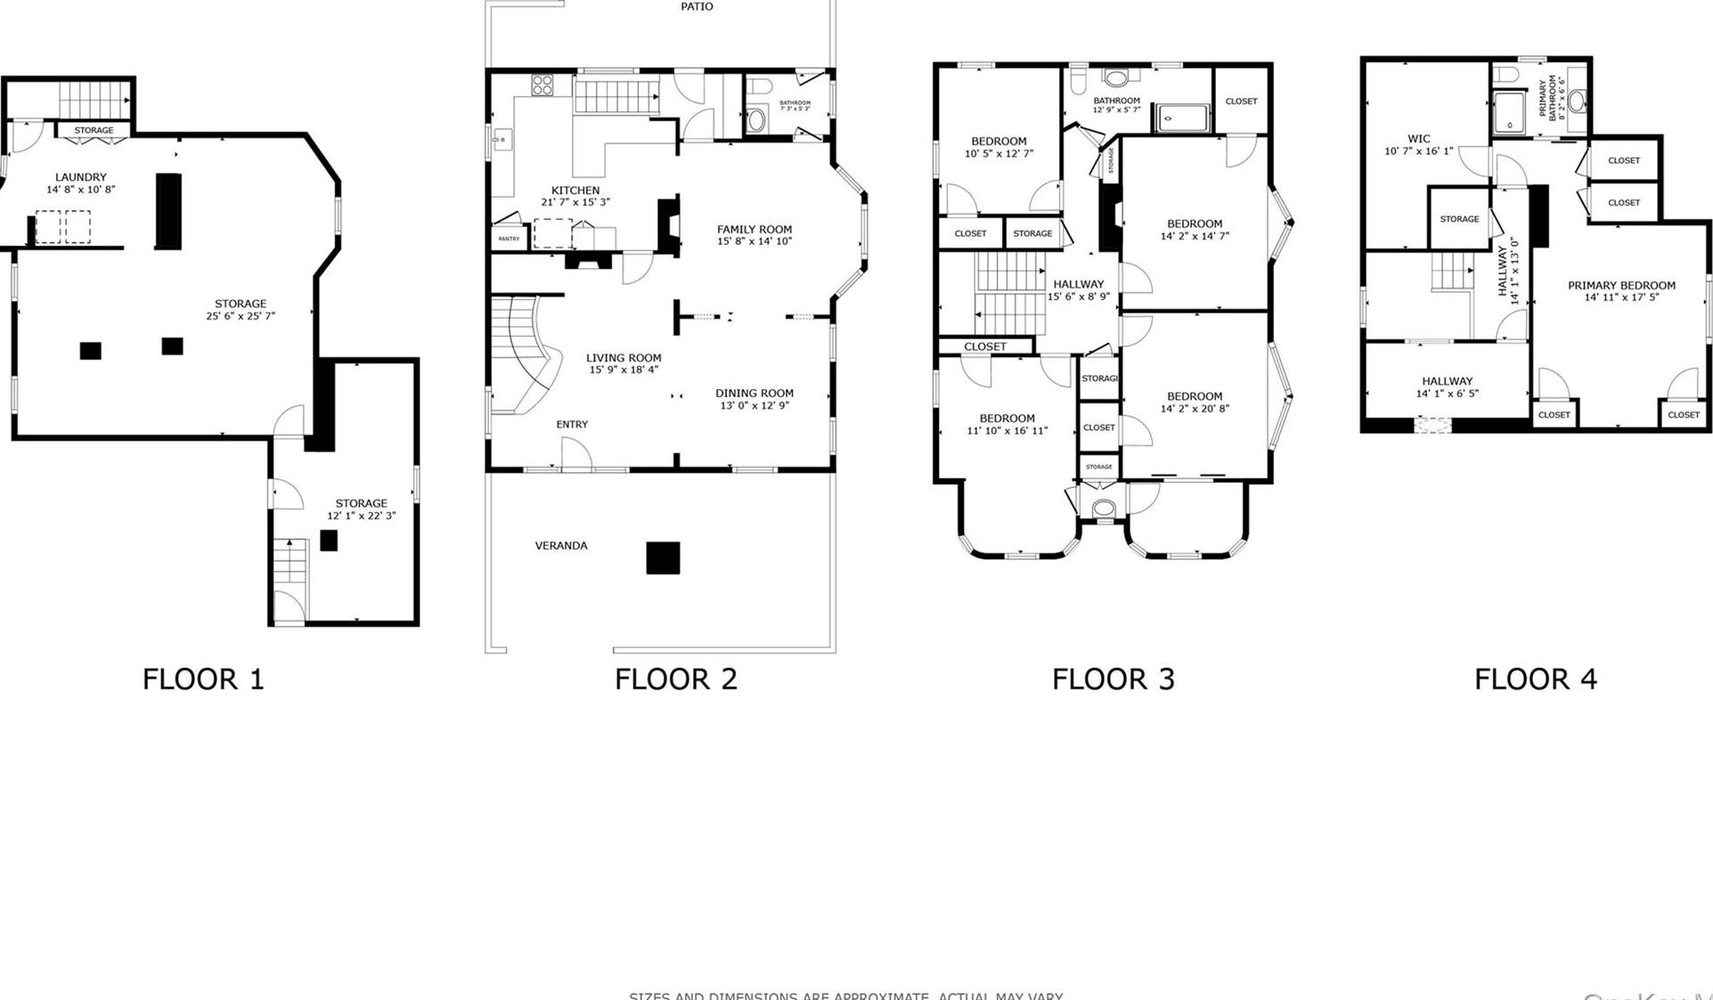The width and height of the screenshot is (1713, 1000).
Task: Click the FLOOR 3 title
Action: (x=1113, y=679)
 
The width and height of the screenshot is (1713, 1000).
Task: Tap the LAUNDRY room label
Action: (x=80, y=177)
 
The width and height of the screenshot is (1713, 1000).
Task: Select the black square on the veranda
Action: (x=663, y=557)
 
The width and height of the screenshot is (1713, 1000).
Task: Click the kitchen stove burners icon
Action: (x=542, y=85)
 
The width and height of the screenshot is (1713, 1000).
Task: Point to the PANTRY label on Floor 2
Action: (x=509, y=239)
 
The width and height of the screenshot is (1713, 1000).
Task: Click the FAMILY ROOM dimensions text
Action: (x=754, y=241)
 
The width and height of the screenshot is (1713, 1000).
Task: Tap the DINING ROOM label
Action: (x=754, y=393)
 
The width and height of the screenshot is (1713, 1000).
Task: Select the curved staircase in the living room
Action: (x=526, y=356)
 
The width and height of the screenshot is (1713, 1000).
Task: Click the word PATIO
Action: (x=697, y=6)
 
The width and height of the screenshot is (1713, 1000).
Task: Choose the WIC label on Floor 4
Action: (x=1418, y=139)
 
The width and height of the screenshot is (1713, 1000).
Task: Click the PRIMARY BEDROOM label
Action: (x=1621, y=286)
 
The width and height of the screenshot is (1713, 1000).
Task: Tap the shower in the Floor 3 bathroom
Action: (x=1183, y=118)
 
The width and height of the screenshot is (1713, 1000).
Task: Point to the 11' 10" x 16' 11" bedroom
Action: (x=1007, y=424)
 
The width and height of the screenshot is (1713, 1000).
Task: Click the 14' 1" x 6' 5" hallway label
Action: (x=1447, y=387)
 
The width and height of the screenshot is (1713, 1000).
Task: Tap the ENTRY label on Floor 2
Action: (x=572, y=425)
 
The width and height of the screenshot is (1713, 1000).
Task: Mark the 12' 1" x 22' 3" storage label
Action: (x=361, y=509)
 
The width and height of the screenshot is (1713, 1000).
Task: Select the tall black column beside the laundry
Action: (x=168, y=211)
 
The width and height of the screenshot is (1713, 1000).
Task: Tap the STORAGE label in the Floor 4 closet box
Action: (x=1459, y=219)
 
